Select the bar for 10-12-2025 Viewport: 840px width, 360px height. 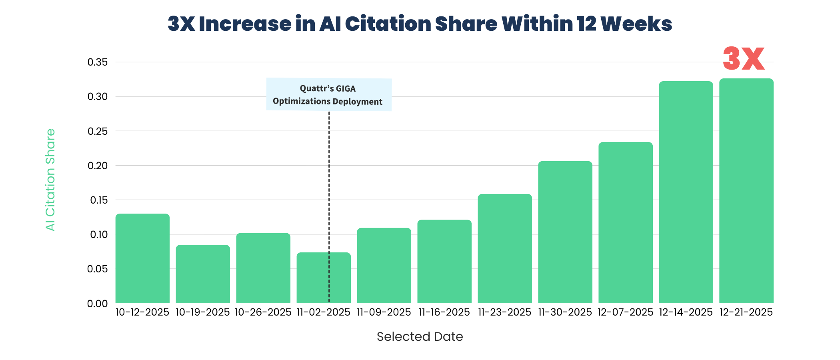pos(142,258)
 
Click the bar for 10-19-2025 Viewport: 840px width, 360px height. pos(203,274)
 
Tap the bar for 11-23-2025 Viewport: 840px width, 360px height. pos(505,248)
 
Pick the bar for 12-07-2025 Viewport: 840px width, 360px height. pos(626,222)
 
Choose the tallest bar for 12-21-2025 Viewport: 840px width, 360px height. pos(746,191)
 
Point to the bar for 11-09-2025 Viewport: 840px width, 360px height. pos(384,266)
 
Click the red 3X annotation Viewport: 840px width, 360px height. pos(744,59)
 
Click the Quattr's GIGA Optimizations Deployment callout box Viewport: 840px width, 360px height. pos(329,95)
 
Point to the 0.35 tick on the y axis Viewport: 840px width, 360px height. pos(98,62)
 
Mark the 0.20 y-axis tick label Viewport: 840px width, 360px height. pos(98,166)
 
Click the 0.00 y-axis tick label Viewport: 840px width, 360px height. pos(98,304)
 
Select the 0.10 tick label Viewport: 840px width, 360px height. pos(98,235)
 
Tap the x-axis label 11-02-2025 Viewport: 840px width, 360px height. pos(324,312)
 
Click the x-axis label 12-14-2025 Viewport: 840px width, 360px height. pos(686,312)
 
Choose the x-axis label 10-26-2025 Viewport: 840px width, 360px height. pos(263,312)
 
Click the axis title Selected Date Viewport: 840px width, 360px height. pos(420,337)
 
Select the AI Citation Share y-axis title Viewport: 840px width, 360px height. pos(50,180)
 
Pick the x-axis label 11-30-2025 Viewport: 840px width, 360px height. pos(565,312)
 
